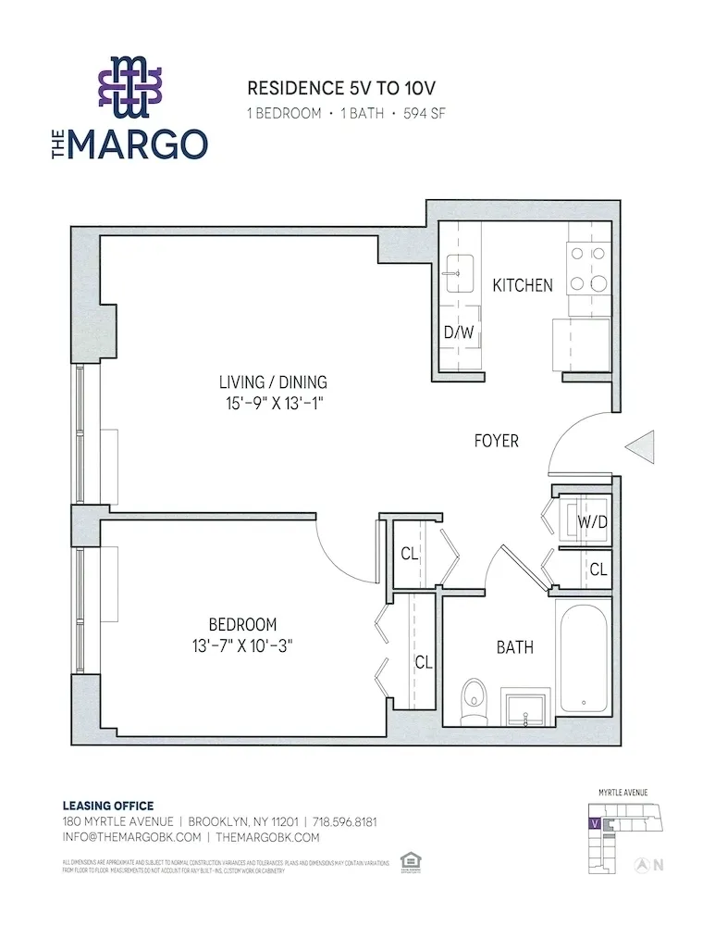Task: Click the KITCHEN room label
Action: (x=523, y=285)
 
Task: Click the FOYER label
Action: (x=496, y=441)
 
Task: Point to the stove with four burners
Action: (x=588, y=269)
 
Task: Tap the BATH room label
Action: (x=514, y=647)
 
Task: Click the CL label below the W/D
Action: (x=598, y=569)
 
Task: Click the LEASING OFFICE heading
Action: (x=107, y=806)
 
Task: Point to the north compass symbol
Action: (x=649, y=866)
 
